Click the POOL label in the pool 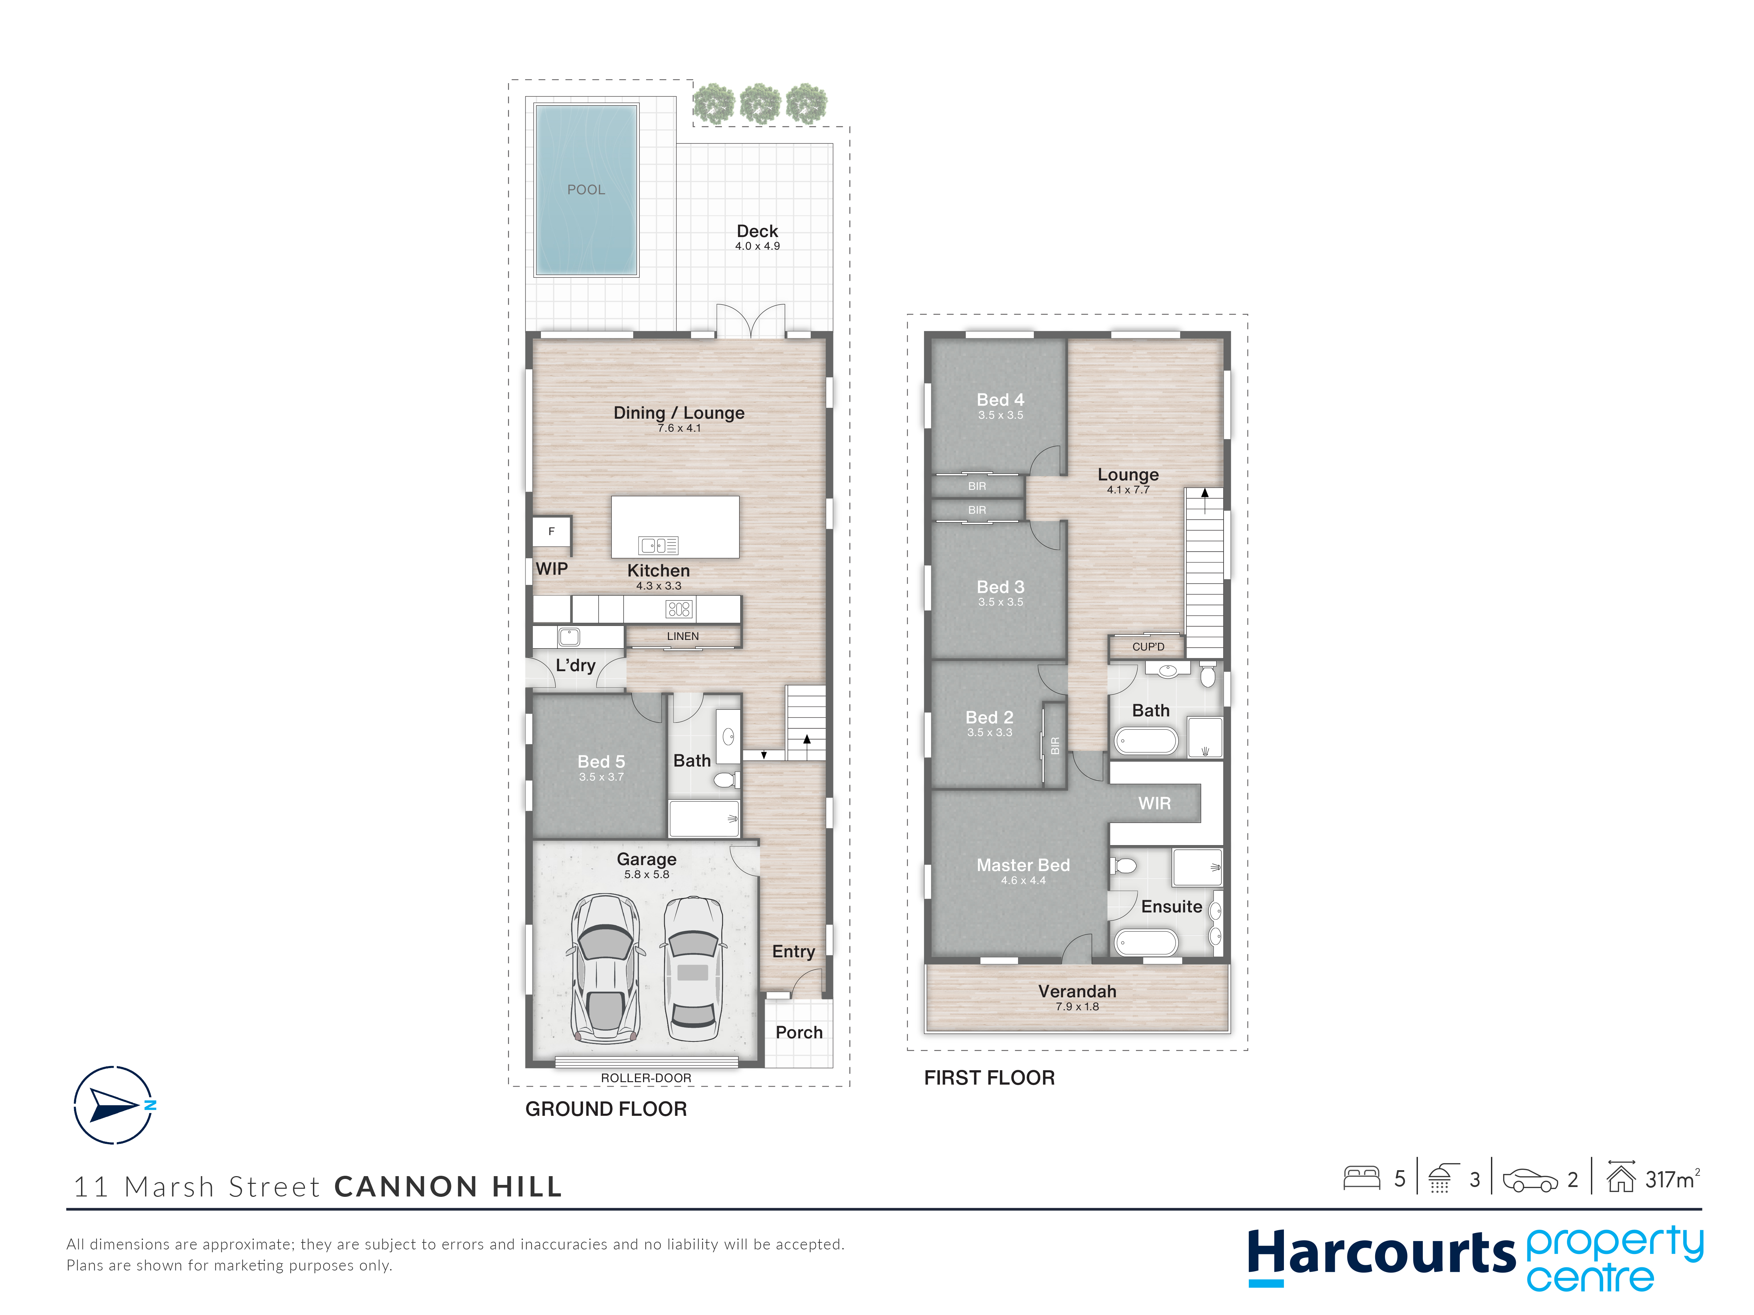586,189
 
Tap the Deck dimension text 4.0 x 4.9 757,247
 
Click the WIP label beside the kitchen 552,569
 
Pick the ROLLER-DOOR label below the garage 646,1078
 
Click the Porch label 799,1032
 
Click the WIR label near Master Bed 1154,804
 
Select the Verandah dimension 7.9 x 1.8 1077,1007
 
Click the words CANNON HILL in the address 448,1187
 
